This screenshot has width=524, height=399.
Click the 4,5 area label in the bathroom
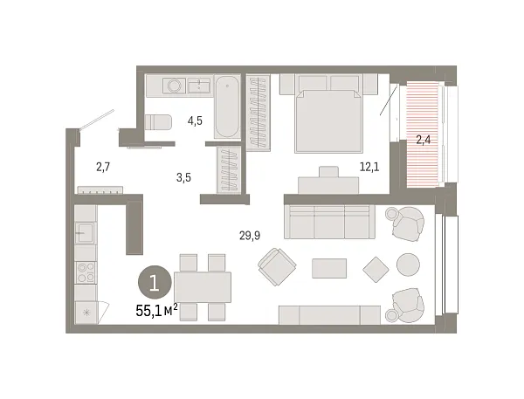195,120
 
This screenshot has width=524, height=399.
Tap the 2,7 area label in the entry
103,167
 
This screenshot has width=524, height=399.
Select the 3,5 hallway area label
183,177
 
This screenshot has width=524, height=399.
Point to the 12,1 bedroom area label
369,167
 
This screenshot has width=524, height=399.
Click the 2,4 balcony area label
423,140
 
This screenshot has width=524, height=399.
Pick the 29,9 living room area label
250,236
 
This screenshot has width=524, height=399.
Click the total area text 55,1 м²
156,311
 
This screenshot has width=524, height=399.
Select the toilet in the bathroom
158,122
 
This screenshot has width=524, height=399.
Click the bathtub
227,107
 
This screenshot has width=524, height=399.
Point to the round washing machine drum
174,86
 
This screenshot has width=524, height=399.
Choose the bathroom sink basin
199,86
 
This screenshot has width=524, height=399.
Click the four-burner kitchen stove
86,272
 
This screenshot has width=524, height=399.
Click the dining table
203,287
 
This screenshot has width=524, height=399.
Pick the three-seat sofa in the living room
329,222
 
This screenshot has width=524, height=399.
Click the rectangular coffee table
329,268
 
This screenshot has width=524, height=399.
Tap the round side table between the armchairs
408,265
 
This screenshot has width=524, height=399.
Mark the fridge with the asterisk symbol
86,313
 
